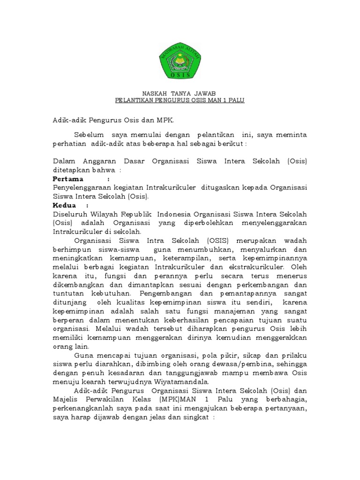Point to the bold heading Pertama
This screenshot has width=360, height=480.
point(68,179)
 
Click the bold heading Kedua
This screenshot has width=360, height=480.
point(64,205)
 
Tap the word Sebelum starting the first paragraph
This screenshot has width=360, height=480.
point(89,135)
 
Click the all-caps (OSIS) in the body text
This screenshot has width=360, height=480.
point(215,240)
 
